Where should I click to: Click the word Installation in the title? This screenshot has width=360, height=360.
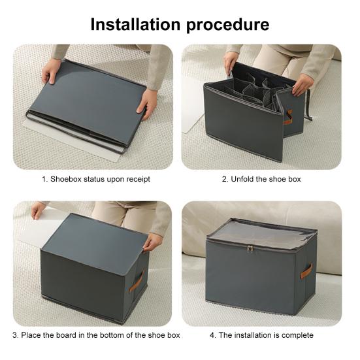click(x=135, y=24)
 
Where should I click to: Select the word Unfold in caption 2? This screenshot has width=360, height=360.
click(x=242, y=179)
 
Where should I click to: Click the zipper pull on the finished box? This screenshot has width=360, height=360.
click(x=250, y=248)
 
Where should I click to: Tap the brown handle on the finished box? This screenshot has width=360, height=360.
click(x=306, y=271)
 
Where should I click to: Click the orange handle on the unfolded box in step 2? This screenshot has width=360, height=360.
click(x=288, y=117)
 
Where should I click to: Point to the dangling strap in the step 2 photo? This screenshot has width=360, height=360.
click(x=308, y=105)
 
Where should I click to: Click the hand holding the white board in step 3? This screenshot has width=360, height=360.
click(x=38, y=210)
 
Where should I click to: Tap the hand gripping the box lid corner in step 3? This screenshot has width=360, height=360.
click(x=152, y=242)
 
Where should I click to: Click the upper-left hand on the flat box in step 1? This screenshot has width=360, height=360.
click(x=51, y=71)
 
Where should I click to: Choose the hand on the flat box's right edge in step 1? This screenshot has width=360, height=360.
click(x=148, y=104)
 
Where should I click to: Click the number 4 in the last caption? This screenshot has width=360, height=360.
click(x=212, y=335)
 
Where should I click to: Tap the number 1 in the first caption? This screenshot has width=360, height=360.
click(x=44, y=179)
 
